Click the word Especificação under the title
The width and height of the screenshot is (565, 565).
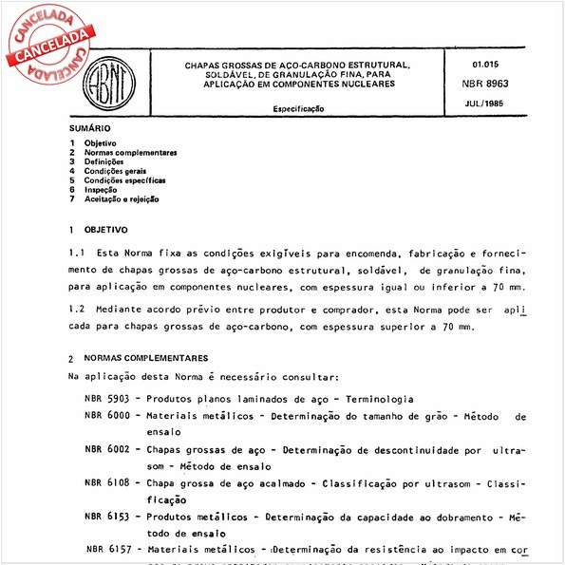click(x=299, y=109)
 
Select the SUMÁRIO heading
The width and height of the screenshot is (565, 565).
click(x=90, y=127)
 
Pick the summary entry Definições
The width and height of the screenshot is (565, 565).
click(x=104, y=161)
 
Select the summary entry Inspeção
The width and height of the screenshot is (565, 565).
click(x=101, y=190)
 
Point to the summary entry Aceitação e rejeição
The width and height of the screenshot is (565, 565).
click(x=122, y=199)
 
